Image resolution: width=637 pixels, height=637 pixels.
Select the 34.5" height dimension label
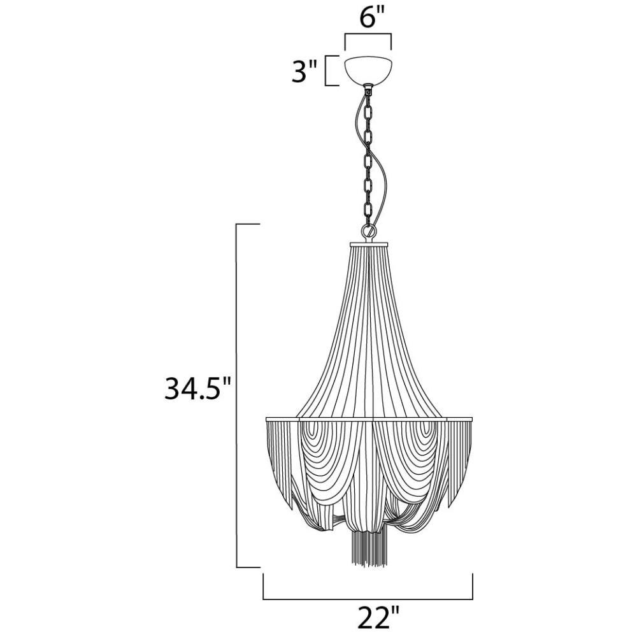click(198, 389)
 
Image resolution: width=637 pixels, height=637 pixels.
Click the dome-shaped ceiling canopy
click(368, 70)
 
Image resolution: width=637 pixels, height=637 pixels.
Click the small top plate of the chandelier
click(368, 244)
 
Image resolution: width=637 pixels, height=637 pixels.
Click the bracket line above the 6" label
click(368, 35)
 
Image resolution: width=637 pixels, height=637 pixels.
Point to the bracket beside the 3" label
click(326, 71)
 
